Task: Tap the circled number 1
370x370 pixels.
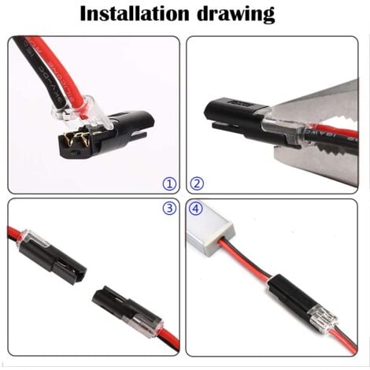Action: pyautogui.click(x=168, y=183)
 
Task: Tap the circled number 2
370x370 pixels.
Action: pyautogui.click(x=198, y=183)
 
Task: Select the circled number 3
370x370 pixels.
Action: pyautogui.click(x=168, y=209)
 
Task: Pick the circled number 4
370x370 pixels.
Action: pyautogui.click(x=198, y=209)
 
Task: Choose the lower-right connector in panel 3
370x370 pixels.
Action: pyautogui.click(x=122, y=307)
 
